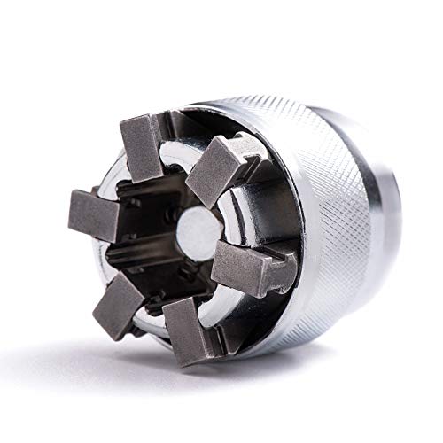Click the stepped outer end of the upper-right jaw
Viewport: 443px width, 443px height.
point(239,151)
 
